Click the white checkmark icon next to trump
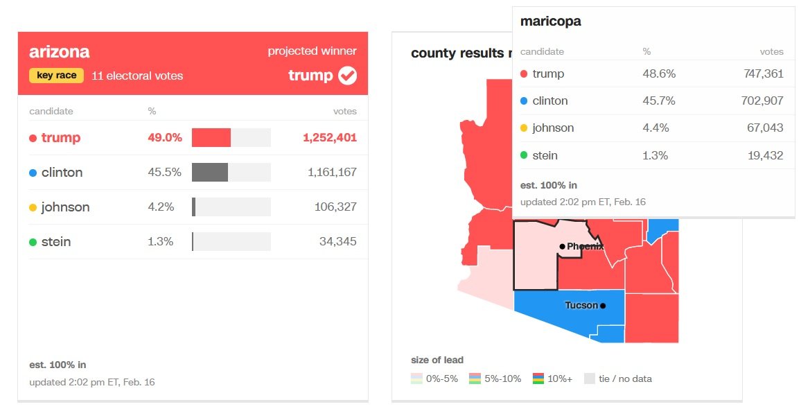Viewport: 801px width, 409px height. [x=347, y=76]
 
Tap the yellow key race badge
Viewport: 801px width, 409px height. [x=56, y=76]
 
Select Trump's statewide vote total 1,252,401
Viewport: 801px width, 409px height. [x=329, y=138]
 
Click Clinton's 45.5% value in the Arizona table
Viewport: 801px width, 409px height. [x=164, y=173]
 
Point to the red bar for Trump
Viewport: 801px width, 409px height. [x=211, y=138]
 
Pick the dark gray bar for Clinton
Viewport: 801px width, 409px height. [x=209, y=173]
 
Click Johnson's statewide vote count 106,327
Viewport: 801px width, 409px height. [x=332, y=207]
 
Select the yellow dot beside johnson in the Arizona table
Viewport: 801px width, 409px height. [x=33, y=207]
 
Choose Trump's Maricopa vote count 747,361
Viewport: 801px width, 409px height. [x=760, y=74]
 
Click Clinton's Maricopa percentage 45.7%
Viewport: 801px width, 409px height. [x=658, y=101]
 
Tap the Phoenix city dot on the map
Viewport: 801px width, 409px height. [x=562, y=247]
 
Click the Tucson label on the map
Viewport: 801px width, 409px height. [x=581, y=306]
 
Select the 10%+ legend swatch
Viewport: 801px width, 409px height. [x=538, y=378]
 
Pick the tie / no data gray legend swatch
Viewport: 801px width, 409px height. [x=590, y=378]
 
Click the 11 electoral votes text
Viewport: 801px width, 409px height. [x=137, y=76]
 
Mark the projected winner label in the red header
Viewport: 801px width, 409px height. [x=312, y=51]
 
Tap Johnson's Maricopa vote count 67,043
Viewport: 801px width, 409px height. [x=764, y=128]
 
